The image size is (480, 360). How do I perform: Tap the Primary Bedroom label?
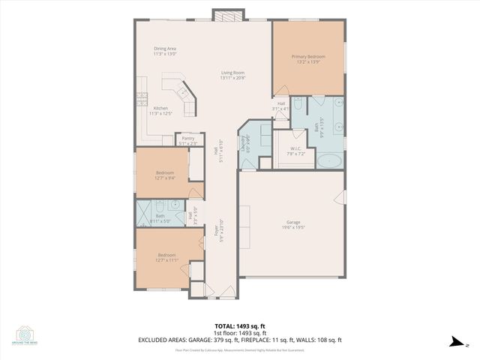tap(308, 56)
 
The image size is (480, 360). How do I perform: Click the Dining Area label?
tap(164, 49)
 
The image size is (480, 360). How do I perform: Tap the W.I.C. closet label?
tap(295, 148)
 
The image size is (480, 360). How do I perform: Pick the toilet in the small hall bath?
tap(159, 208)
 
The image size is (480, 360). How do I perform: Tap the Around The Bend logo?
tap(26, 335)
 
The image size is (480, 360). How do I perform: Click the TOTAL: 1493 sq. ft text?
tap(240, 326)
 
